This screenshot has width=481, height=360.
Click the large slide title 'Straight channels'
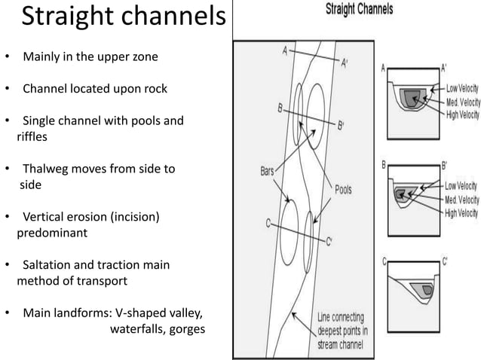click(123, 18)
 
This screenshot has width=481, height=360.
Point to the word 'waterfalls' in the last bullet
click(138, 328)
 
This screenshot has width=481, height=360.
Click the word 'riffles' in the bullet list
click(35, 137)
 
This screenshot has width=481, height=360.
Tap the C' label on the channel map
click(329, 241)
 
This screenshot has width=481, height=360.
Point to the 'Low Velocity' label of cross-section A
click(461, 88)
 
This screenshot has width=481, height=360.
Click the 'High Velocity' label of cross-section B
click(461, 213)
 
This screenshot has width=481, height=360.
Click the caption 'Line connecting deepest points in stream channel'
click(343, 331)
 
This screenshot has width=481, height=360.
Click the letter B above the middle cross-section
click(384, 163)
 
